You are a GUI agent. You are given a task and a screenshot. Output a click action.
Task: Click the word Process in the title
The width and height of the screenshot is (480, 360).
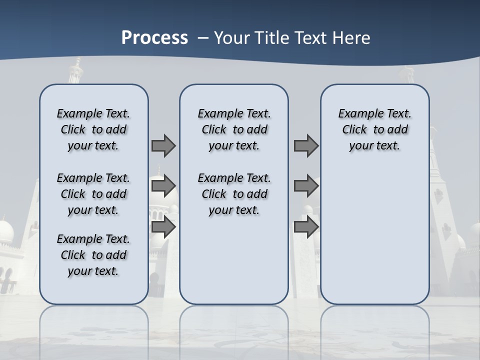point(154,37)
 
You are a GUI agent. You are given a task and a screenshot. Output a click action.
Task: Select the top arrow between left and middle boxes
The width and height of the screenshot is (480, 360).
point(163,145)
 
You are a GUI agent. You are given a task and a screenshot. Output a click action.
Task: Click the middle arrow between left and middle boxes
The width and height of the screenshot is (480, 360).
point(163,186)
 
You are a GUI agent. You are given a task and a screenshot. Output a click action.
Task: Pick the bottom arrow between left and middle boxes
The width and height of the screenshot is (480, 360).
point(163,227)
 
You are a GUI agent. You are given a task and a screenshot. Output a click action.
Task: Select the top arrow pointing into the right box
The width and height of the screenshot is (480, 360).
point(306,145)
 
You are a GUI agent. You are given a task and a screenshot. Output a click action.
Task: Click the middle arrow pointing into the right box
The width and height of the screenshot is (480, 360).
point(306,186)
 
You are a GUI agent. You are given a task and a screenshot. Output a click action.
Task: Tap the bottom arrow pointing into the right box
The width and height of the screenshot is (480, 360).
point(306,227)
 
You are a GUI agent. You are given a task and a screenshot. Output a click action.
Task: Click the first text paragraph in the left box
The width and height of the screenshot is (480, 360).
point(93,129)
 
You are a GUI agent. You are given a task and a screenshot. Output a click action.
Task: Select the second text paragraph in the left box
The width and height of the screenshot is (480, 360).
point(93,194)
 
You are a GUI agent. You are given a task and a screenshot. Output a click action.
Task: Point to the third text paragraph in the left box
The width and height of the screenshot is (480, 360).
point(93,255)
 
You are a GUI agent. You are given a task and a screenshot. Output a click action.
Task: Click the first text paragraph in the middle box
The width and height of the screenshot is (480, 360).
point(234,129)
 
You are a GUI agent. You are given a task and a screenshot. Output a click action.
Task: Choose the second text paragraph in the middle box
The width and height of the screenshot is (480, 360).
point(234,194)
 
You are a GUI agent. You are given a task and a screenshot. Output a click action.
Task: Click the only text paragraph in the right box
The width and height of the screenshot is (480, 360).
point(375,129)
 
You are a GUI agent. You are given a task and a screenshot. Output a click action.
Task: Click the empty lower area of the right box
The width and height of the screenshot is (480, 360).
point(375,235)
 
